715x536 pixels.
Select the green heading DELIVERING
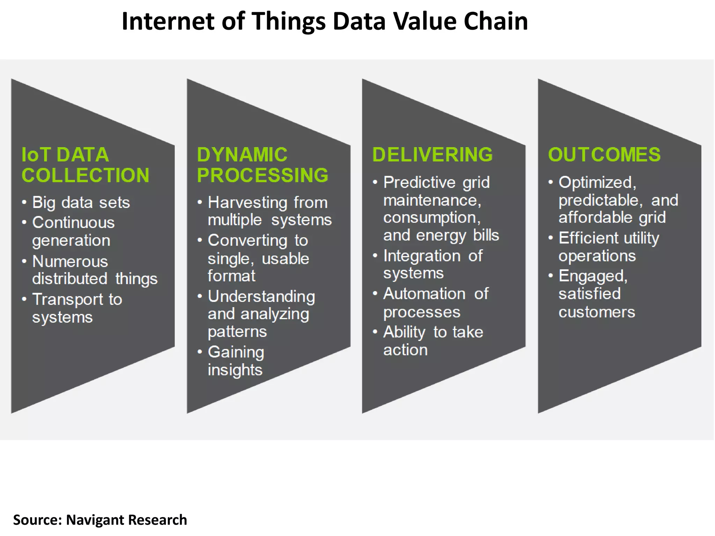(432, 155)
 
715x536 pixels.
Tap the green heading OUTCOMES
(604, 155)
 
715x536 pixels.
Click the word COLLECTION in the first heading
(86, 175)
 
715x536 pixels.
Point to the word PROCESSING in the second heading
(263, 175)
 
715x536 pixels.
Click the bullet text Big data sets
(81, 202)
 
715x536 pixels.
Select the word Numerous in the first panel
(70, 261)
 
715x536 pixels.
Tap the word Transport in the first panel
(68, 299)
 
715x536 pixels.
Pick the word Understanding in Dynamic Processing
(261, 297)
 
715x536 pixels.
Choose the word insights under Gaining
(235, 370)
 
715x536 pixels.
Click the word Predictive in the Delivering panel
(419, 183)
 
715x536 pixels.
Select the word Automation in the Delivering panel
(424, 294)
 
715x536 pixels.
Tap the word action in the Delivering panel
(405, 350)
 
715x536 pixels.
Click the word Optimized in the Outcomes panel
(597, 183)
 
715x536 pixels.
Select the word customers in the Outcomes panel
(597, 312)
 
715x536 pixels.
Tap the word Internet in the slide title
(168, 22)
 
